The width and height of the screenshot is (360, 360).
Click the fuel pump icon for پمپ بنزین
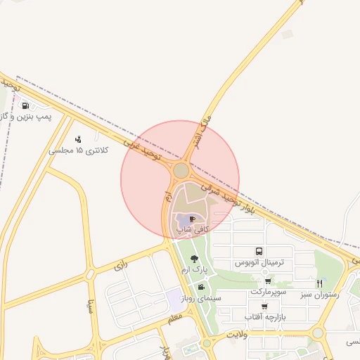click(x=26, y=106)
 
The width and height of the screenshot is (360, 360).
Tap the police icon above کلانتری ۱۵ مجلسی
click(x=77, y=139)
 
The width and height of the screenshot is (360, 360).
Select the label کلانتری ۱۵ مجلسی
click(x=78, y=150)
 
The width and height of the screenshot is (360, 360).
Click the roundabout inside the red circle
click(x=181, y=171)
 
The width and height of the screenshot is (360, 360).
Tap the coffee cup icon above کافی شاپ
click(x=193, y=219)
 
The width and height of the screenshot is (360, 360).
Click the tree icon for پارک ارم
click(x=194, y=259)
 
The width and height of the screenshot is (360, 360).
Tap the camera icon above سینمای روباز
click(x=202, y=287)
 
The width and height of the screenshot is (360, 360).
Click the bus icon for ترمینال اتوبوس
click(x=259, y=251)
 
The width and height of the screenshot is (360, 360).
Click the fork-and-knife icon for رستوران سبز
click(x=319, y=283)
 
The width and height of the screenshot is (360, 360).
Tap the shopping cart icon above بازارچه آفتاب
click(x=264, y=307)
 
